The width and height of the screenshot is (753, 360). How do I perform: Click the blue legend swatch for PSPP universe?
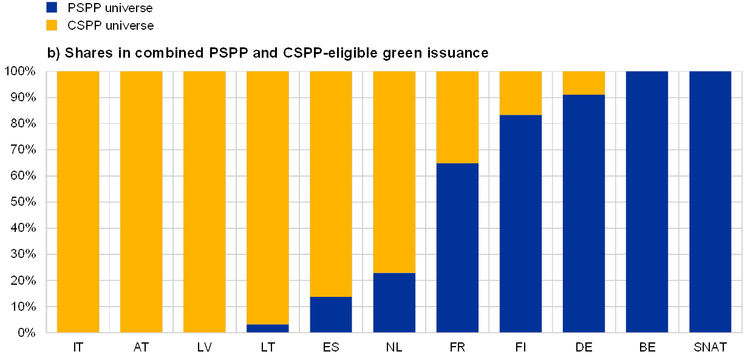point(52,7)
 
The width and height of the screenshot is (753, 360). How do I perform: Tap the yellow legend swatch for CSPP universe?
point(52,25)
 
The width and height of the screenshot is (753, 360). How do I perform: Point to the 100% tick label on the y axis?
point(21,72)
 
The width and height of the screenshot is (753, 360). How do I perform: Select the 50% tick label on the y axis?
point(23,202)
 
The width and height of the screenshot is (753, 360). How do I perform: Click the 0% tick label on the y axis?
point(26,333)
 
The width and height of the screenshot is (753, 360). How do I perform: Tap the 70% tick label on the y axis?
point(23,150)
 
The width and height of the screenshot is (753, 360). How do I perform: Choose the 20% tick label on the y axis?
point(23,280)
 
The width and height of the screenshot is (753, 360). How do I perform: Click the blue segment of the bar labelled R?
point(457,248)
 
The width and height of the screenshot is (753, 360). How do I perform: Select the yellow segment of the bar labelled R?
point(457,117)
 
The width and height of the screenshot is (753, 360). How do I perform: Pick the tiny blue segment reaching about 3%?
point(268,328)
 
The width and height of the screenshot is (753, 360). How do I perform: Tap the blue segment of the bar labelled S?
point(331,314)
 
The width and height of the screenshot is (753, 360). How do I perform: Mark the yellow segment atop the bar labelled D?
point(584,83)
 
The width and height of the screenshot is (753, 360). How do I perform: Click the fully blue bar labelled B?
point(647,202)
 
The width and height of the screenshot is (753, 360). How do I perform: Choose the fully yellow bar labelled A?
point(141,202)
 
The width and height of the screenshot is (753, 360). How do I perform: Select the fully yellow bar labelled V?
point(205,202)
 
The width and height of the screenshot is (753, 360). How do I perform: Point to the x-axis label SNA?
point(707,348)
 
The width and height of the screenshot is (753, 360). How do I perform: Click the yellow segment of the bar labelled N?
point(394,172)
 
